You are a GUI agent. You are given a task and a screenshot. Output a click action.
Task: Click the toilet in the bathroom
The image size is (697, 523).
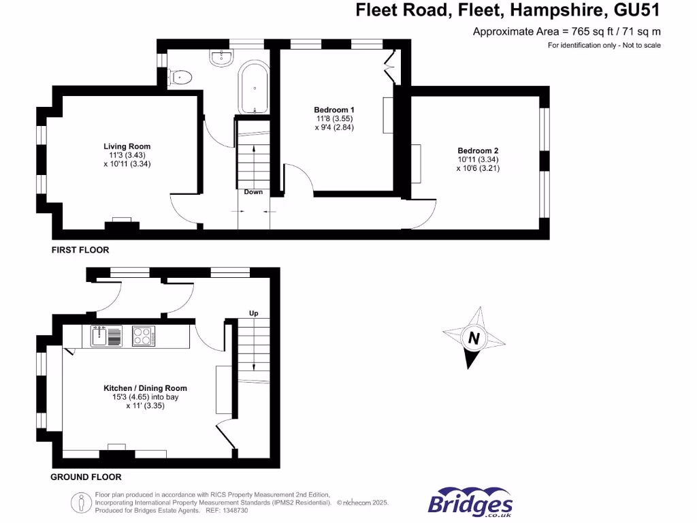pos(181,77)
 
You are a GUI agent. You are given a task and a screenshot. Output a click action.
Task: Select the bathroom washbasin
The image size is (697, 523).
pos(221,59)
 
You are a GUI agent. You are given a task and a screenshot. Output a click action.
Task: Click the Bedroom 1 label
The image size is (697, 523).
pos(334,110)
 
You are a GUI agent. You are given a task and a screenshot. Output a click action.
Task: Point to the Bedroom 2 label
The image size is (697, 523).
pos(478,150)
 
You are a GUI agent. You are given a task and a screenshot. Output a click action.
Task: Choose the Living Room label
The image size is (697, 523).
pos(127,146)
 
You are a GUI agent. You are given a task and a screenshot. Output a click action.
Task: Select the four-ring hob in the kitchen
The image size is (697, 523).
pos(144,336)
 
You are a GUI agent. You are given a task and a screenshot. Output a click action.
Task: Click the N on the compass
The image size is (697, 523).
pos(473,338)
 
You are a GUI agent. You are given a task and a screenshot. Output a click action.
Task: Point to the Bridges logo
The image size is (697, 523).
pos(470,503)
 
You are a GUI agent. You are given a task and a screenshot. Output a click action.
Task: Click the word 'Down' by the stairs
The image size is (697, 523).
pos(253,192)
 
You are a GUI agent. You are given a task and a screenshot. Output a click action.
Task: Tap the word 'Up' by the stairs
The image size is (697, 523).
pos(254,313)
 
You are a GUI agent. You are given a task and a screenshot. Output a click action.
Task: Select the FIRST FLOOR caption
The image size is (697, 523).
pos(80,250)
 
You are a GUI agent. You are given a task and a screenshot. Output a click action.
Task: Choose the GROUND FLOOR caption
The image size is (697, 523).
pos(86,477)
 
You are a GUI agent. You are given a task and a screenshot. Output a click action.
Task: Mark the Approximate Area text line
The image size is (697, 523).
pos(566,31)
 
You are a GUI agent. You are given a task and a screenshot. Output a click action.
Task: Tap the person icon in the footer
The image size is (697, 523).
pos(82,503)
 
